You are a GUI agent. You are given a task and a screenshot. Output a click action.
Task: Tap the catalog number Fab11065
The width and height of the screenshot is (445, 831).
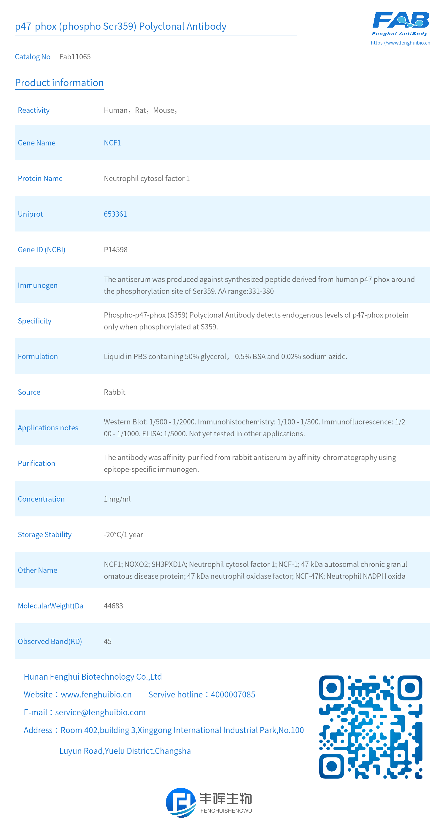(x=75, y=57)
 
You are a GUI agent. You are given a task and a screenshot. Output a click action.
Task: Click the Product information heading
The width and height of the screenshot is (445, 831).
(x=59, y=83)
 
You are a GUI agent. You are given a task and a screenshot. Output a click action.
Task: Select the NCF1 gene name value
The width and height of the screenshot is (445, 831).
(x=112, y=143)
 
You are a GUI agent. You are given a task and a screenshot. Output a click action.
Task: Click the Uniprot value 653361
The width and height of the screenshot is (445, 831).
(x=115, y=214)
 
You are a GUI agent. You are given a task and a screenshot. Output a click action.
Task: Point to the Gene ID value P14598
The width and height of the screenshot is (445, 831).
(x=115, y=250)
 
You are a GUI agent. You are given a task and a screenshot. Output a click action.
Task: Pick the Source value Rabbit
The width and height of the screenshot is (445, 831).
(x=115, y=392)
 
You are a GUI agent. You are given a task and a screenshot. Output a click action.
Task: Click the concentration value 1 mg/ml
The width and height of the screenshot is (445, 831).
(x=117, y=499)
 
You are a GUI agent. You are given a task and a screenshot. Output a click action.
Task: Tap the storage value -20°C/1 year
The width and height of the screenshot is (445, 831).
(x=123, y=535)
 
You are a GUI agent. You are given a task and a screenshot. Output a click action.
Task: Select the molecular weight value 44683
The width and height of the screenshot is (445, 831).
(x=113, y=606)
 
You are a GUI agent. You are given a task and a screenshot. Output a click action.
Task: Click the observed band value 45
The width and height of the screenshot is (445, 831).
(x=107, y=641)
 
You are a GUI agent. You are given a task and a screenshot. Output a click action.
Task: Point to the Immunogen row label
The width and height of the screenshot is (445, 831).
(x=38, y=286)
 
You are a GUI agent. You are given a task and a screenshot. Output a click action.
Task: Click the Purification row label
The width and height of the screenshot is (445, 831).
(x=36, y=464)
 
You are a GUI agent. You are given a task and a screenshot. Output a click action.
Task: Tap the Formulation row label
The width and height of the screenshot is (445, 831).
(x=38, y=356)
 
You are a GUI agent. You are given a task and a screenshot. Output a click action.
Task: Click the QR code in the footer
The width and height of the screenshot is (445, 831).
(x=371, y=727)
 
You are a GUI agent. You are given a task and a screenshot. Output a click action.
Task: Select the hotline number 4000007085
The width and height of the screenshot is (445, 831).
(x=233, y=694)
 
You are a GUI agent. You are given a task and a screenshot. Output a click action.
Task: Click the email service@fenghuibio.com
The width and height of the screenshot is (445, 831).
(x=100, y=712)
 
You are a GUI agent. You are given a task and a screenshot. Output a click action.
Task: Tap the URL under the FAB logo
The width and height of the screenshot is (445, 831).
(x=400, y=42)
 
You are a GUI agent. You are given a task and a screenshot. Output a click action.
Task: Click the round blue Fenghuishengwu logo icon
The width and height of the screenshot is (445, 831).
(x=181, y=803)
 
